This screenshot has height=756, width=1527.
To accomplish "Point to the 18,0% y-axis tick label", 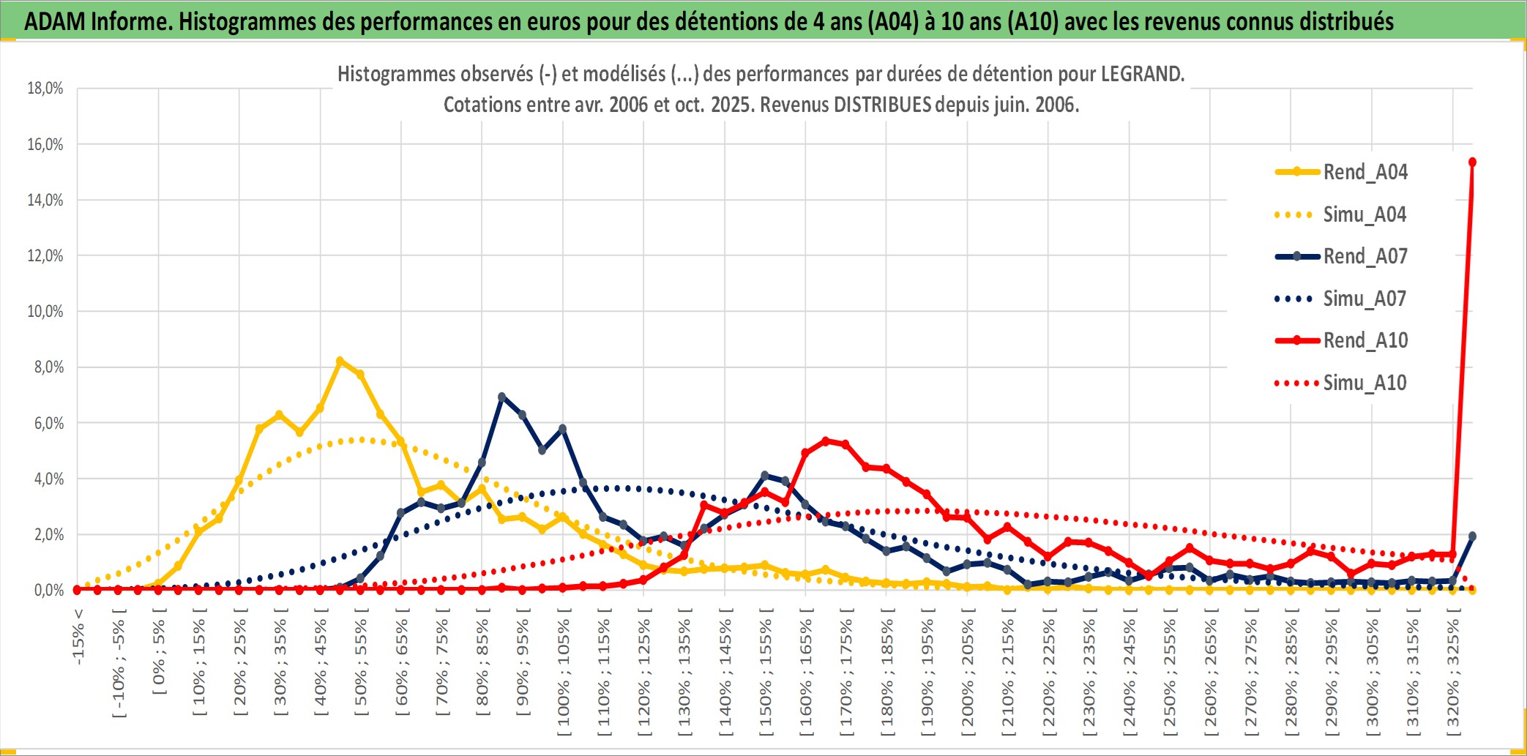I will click(45, 89).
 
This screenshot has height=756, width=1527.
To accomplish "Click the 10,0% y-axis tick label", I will click(45, 312).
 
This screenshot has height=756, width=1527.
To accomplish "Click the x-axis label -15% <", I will click(78, 637).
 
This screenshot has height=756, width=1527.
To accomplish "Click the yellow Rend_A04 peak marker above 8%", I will click(340, 361).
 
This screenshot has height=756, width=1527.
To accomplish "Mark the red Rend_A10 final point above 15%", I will click(1472, 162).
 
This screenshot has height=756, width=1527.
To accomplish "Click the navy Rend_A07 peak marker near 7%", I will click(501, 397).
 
